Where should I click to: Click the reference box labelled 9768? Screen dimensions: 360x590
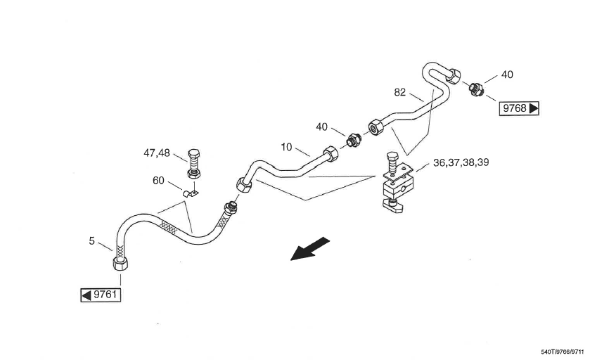520,108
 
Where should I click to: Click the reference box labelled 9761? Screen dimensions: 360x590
100,295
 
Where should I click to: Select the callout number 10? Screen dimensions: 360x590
286,147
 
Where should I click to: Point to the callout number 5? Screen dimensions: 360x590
91,240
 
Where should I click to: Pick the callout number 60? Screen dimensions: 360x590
158,181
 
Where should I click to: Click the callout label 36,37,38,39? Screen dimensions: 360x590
461,162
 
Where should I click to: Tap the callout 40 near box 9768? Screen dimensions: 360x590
507,74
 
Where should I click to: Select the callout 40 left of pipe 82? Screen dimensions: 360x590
321,127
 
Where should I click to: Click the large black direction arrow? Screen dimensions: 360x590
310,249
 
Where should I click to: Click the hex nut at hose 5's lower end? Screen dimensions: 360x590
120,265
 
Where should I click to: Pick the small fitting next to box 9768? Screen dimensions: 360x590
476,89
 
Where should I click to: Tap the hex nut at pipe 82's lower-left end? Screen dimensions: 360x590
374,127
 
